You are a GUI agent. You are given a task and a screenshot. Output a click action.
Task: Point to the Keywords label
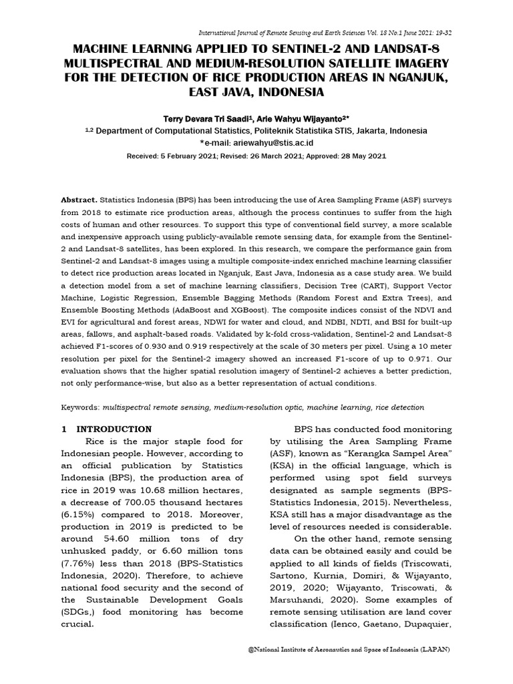(79, 407)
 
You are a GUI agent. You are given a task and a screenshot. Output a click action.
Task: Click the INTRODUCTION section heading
(114, 429)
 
